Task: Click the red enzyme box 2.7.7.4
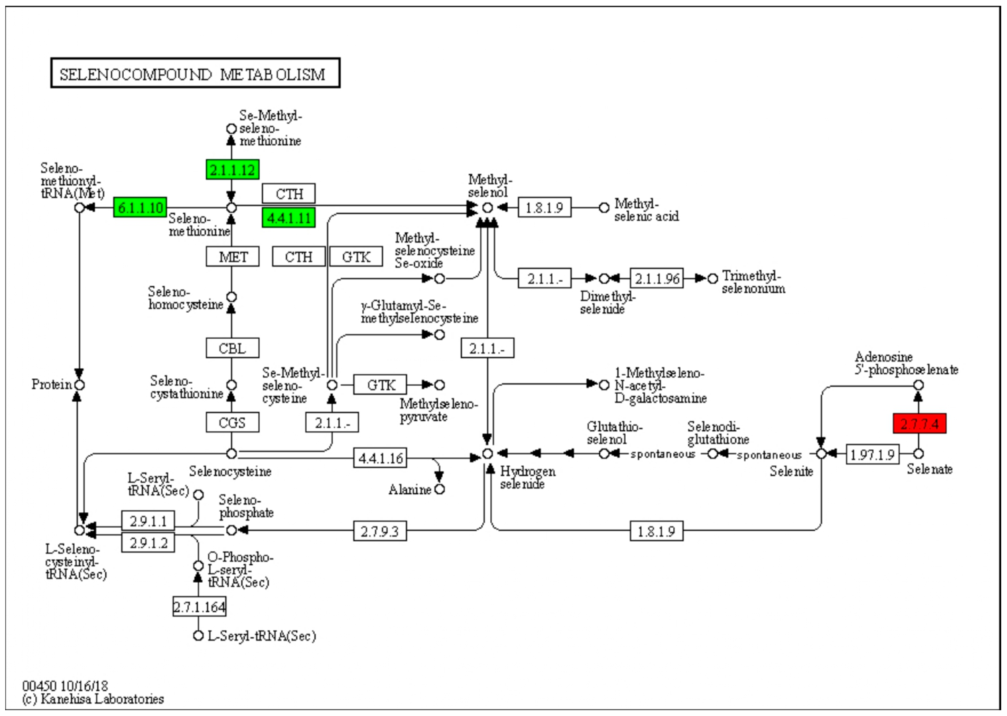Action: click(x=919, y=424)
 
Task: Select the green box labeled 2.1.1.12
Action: click(x=232, y=169)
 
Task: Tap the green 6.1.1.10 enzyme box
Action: click(x=140, y=207)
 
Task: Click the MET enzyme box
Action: click(x=232, y=257)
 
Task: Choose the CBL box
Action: click(x=232, y=348)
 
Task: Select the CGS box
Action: click(x=232, y=422)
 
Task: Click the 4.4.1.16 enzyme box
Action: click(x=380, y=458)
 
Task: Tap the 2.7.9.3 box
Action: click(x=380, y=531)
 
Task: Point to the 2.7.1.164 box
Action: click(x=199, y=607)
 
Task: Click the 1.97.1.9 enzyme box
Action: click(x=872, y=454)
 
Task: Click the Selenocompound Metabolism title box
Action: click(x=195, y=73)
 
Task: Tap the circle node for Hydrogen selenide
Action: click(x=487, y=454)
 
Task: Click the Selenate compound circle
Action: click(x=918, y=454)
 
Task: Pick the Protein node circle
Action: click(x=79, y=385)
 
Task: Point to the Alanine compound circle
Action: click(x=439, y=489)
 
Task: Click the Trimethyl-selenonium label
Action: click(x=753, y=282)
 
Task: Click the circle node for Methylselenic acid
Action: click(x=604, y=207)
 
